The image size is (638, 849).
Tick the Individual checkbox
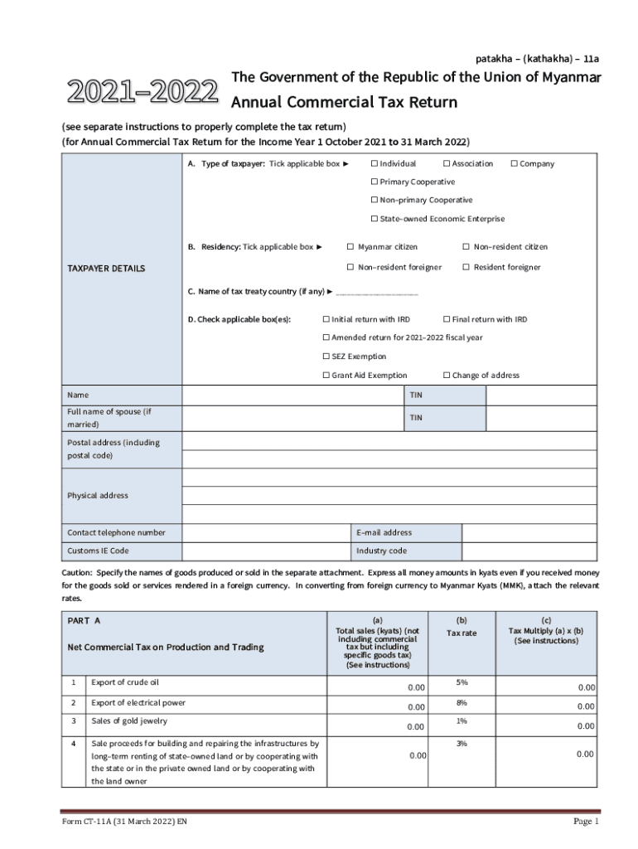pos(374,164)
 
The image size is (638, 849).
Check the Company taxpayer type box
pos(514,164)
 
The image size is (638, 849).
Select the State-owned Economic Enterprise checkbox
pos(374,219)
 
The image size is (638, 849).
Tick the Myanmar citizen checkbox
pos(350,247)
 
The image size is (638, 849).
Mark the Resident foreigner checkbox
pos(466,267)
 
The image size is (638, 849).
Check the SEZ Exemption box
pos(326,357)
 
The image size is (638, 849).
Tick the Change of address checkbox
pos(447,376)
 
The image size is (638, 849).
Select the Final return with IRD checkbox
pos(447,319)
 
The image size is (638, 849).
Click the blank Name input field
pos(292,395)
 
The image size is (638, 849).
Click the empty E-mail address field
pos(529,532)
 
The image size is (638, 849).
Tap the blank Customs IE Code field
pos(265,551)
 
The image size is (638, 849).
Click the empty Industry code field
pos(529,551)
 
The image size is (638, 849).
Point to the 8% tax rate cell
pos(462,702)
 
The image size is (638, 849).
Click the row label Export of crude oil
pos(124,682)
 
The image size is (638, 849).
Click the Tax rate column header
pos(462,633)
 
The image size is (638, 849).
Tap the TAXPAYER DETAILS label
pos(106,269)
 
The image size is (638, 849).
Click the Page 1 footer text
pos(586,822)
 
